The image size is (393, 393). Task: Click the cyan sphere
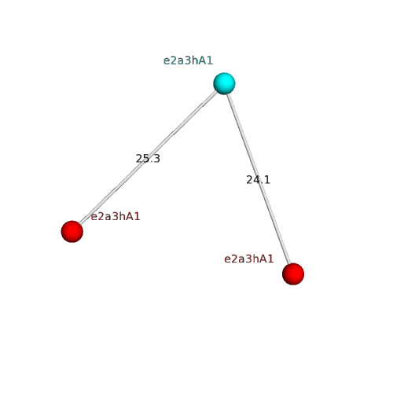point(224,83)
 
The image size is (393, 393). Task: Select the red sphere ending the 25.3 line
point(72,232)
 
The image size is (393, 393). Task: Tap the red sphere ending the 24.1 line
point(293,274)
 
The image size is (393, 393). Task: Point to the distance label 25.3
point(148,159)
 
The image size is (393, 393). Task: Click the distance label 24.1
point(258,180)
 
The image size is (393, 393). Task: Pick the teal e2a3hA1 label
point(188,61)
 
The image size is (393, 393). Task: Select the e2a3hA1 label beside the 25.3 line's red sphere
point(116,216)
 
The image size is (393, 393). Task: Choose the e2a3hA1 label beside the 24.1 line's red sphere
point(249,259)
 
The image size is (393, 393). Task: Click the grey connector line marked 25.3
point(148,158)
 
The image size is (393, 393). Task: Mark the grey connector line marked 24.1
point(259,179)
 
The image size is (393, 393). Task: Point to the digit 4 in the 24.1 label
point(256,180)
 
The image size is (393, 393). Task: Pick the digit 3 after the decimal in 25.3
point(156,159)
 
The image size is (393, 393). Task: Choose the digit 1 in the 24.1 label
point(267,180)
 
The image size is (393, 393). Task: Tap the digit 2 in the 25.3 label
point(139,159)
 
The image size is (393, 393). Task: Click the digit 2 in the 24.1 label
point(249,180)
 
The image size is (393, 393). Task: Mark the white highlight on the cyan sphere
point(222,81)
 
